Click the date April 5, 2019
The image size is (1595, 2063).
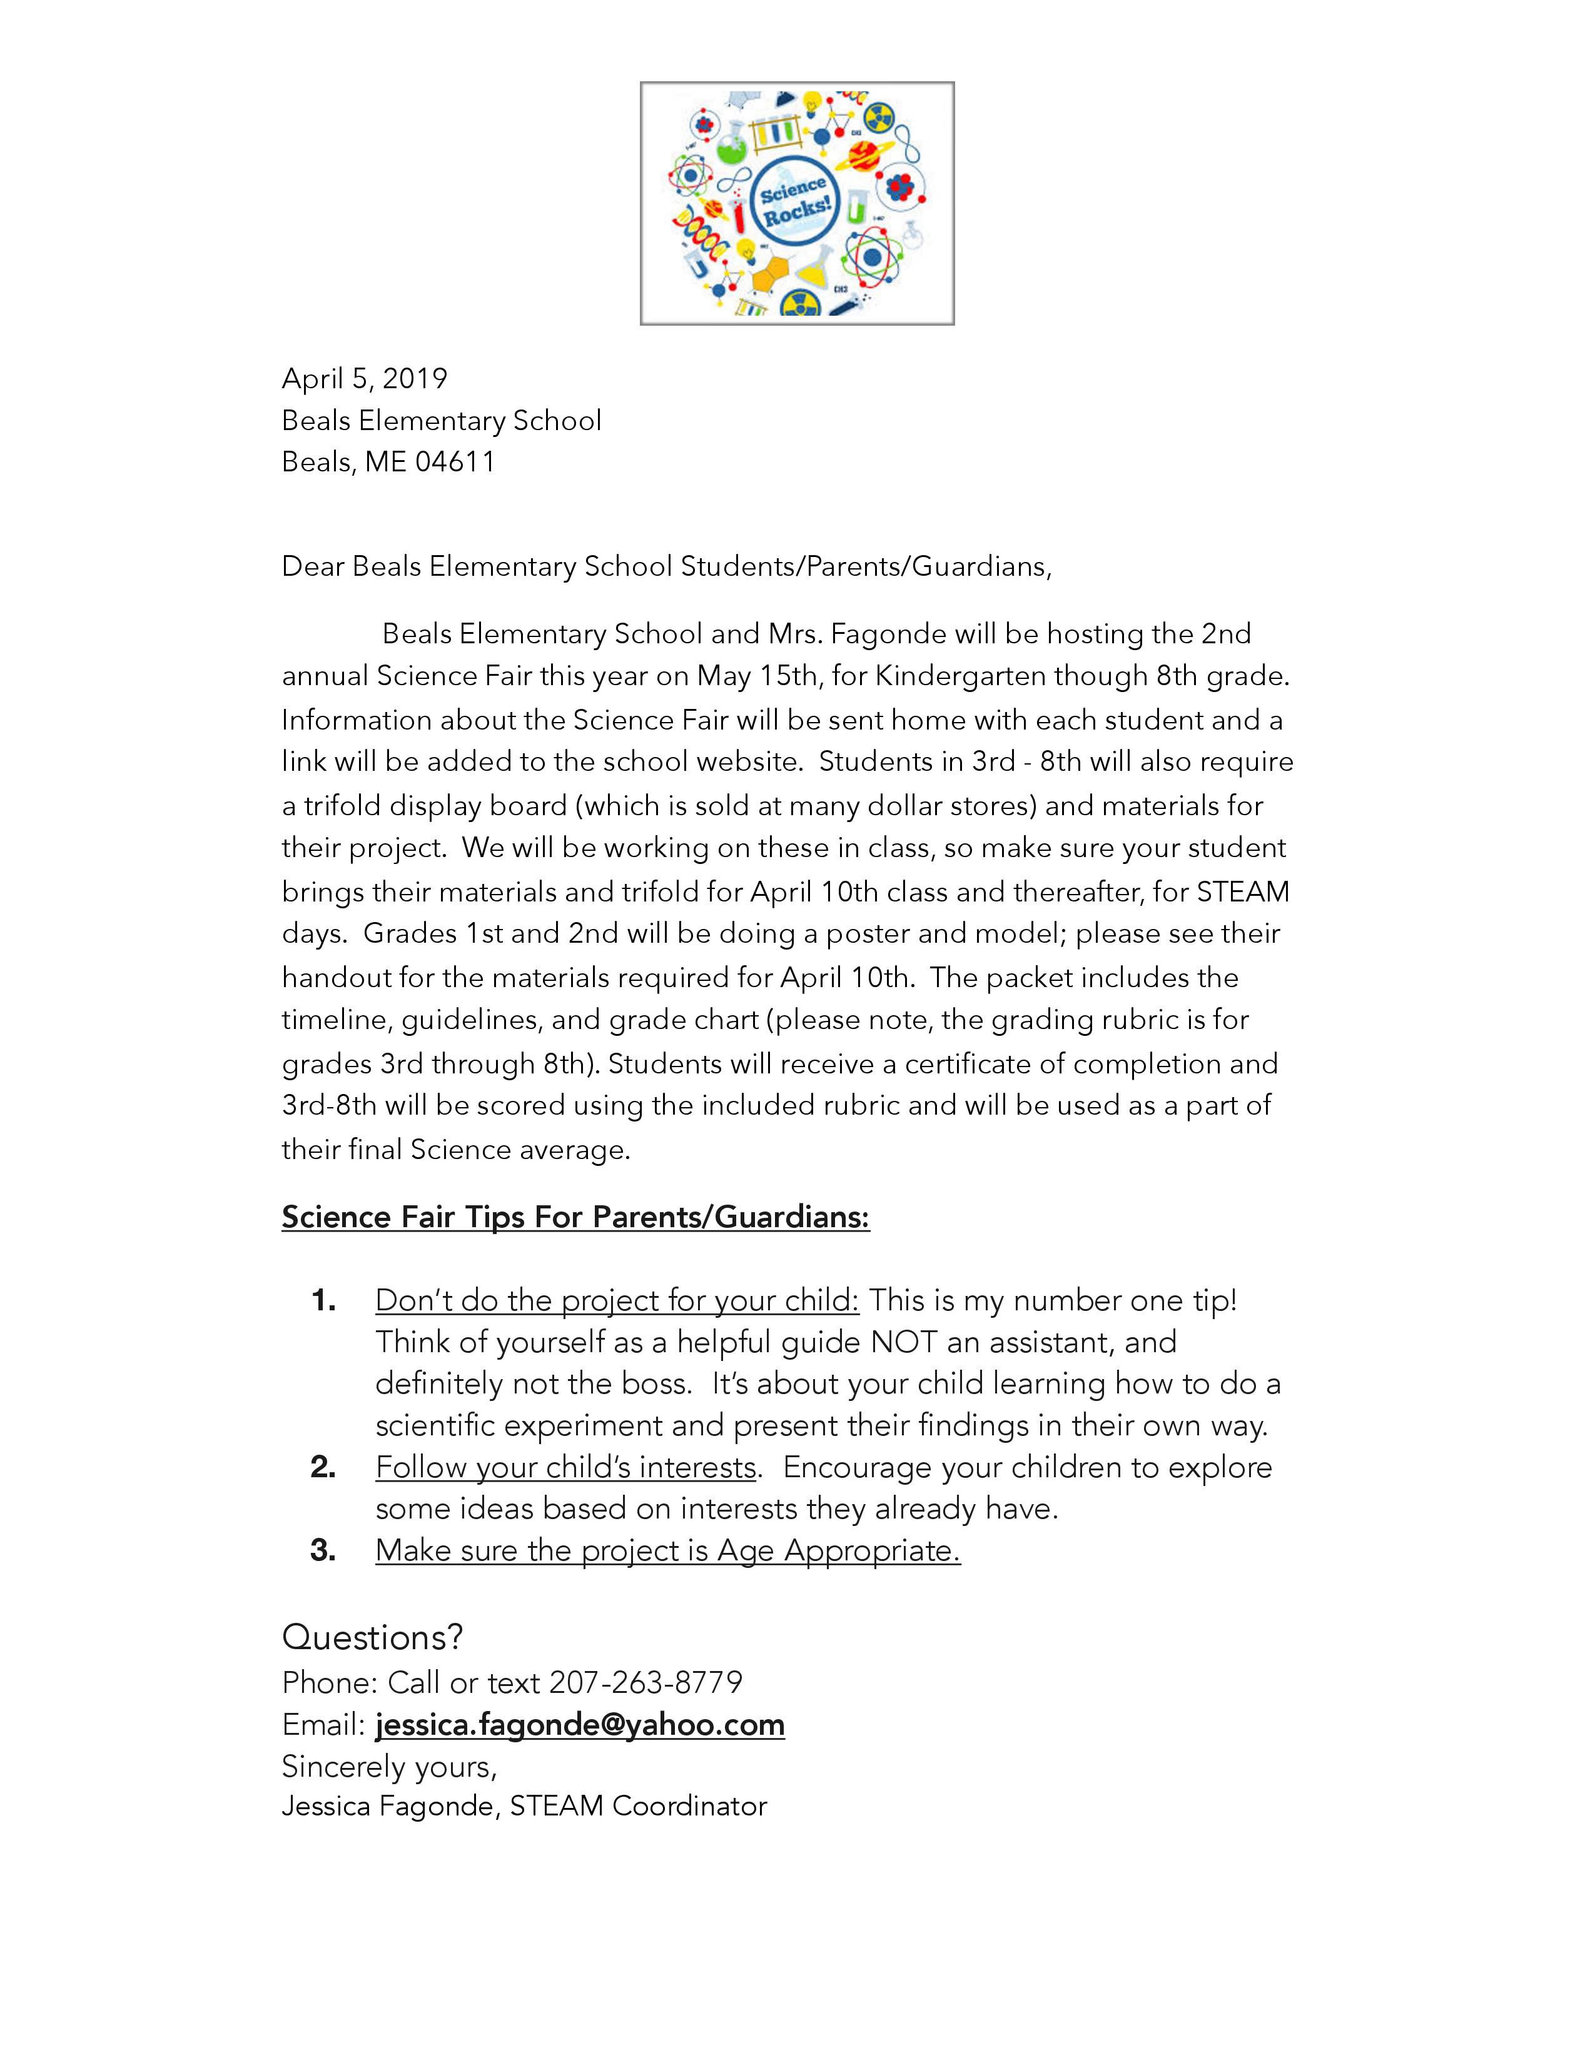364,379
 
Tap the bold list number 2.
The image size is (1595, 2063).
323,1467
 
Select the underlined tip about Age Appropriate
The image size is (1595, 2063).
667,1550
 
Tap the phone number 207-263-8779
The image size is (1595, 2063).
646,1682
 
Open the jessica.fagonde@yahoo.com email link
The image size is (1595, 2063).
580,1725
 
